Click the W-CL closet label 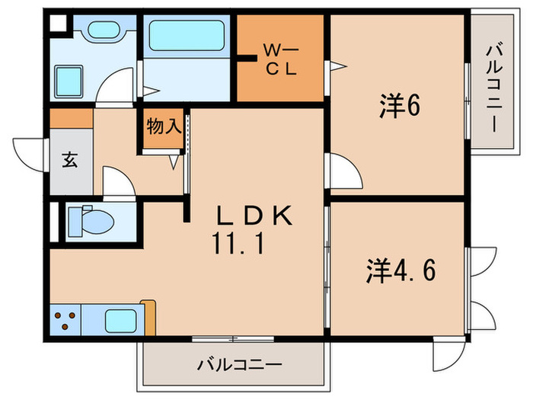pyautogui.click(x=281, y=59)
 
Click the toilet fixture pyautogui.click(x=90, y=221)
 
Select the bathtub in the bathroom pyautogui.click(x=187, y=35)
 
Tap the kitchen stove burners pyautogui.click(x=66, y=320)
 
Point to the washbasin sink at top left pyautogui.click(x=101, y=32)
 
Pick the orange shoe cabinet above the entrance pyautogui.click(x=72, y=118)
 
